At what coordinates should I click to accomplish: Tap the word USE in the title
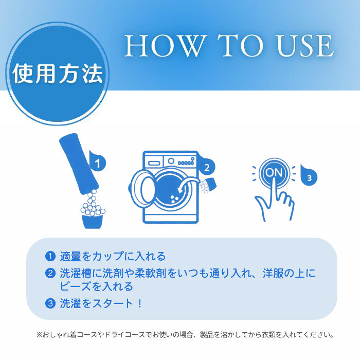(x=305, y=45)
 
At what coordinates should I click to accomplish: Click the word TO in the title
(x=241, y=45)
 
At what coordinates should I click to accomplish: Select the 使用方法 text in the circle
(x=58, y=74)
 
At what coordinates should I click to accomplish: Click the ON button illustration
(x=274, y=173)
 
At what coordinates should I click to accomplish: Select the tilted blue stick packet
(x=79, y=163)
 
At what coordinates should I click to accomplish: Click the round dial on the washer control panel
(x=171, y=160)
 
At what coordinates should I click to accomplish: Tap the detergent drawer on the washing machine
(x=154, y=163)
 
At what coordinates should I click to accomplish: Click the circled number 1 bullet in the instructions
(x=50, y=256)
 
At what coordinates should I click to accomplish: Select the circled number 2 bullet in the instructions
(x=50, y=273)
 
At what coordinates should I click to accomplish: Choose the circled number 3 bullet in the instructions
(x=50, y=303)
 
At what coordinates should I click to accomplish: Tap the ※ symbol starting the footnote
(x=39, y=334)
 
